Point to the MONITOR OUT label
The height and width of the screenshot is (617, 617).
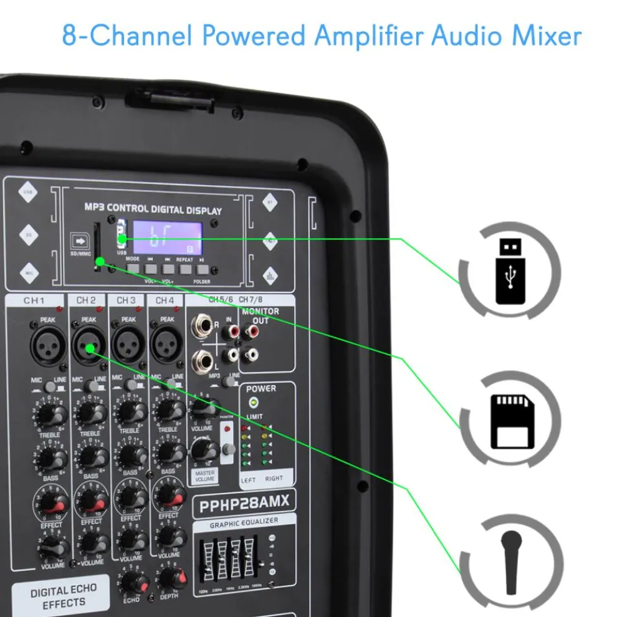tap(261, 315)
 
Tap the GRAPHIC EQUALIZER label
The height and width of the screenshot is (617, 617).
tap(244, 521)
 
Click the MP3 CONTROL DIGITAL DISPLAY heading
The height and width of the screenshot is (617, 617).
tap(153, 209)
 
